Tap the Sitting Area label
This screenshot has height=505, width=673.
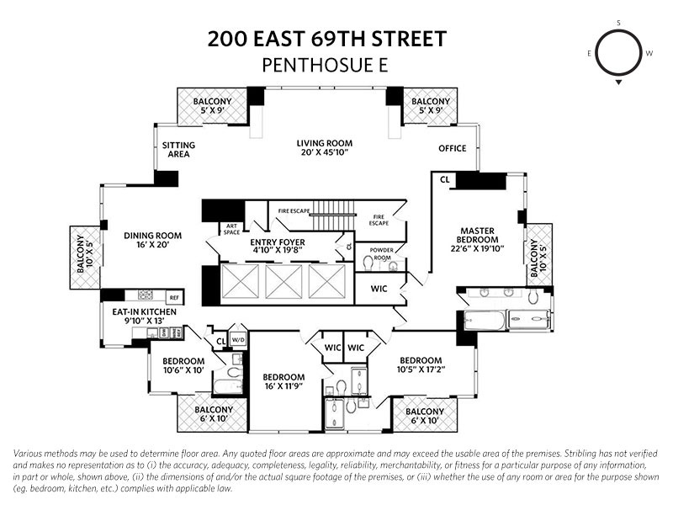tap(178, 150)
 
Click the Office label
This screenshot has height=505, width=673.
tap(452, 149)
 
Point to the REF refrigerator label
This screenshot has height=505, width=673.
tap(174, 297)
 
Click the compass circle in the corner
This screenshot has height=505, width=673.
tap(619, 52)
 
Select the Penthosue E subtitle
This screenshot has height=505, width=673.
tap(325, 64)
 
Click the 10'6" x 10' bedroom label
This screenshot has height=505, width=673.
tap(183, 365)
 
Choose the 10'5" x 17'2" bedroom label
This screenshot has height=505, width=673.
tap(427, 363)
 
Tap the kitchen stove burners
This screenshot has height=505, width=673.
tap(146, 295)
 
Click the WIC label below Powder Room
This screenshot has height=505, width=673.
tap(379, 289)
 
